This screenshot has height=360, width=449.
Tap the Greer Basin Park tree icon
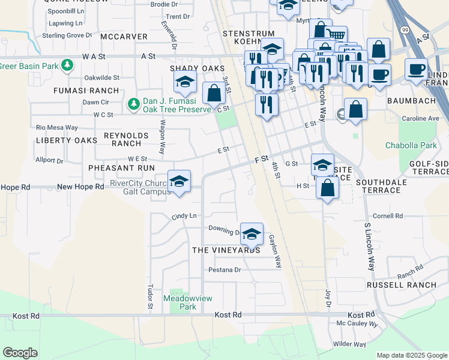tap(68, 64)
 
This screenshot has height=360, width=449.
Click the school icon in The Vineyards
tap(252, 232)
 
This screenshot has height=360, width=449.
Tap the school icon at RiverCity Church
tap(179, 181)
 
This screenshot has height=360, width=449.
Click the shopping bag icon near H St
tap(327, 188)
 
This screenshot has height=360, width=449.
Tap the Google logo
tap(20, 353)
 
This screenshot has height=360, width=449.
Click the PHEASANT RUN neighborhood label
tap(121, 168)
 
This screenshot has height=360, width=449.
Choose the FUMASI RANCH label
tap(86, 91)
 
